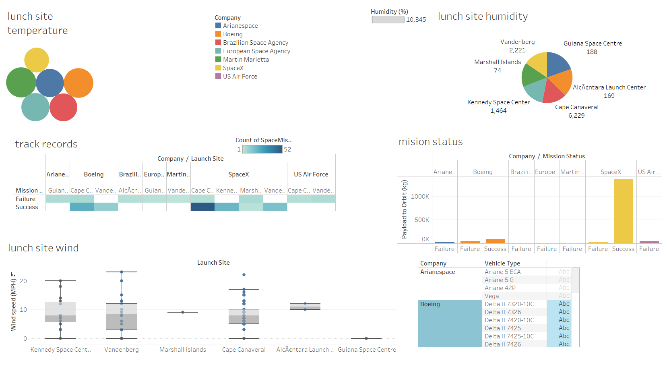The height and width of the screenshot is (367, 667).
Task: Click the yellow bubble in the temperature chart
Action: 37,60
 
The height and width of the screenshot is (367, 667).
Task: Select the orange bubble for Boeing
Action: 78,83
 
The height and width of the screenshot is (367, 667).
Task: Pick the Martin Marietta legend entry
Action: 246,60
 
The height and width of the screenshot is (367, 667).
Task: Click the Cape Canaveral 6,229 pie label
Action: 576,111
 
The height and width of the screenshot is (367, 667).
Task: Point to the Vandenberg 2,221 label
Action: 517,46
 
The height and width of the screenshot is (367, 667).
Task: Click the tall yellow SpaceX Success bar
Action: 623,211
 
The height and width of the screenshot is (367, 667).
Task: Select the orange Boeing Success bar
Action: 495,241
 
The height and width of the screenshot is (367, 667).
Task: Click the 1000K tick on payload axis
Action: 420,197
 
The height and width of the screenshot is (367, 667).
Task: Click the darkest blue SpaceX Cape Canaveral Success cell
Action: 202,207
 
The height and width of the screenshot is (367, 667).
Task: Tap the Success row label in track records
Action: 27,207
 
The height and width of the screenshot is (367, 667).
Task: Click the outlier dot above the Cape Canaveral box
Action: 244,275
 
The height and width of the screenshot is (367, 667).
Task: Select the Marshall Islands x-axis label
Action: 183,350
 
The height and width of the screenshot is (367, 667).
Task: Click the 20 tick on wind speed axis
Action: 23,281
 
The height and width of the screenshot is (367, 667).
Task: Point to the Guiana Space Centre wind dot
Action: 366,338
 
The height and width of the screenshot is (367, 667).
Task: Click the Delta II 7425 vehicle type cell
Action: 502,328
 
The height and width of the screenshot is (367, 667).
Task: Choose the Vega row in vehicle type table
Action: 491,296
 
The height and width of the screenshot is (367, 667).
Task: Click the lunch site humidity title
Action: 483,17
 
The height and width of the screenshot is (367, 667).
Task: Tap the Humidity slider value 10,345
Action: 416,20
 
